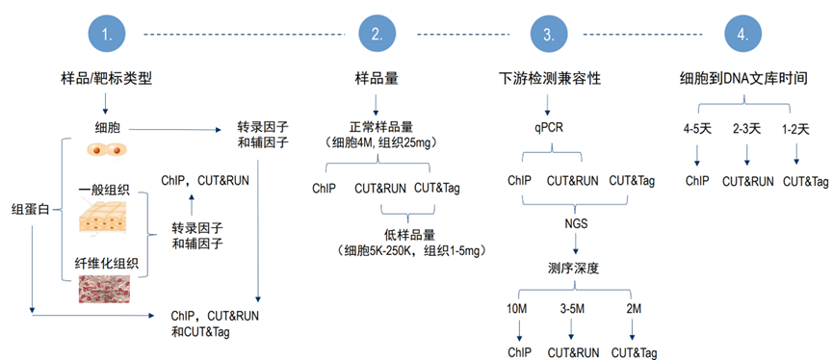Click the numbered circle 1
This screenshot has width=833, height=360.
[107, 35]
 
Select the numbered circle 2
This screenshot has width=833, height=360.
[376, 35]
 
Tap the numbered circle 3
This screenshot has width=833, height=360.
[548, 35]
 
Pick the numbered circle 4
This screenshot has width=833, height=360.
[742, 35]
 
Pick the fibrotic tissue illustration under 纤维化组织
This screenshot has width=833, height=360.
[107, 292]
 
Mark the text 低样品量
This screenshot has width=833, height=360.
[418, 233]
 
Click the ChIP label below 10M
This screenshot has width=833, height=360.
[519, 352]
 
